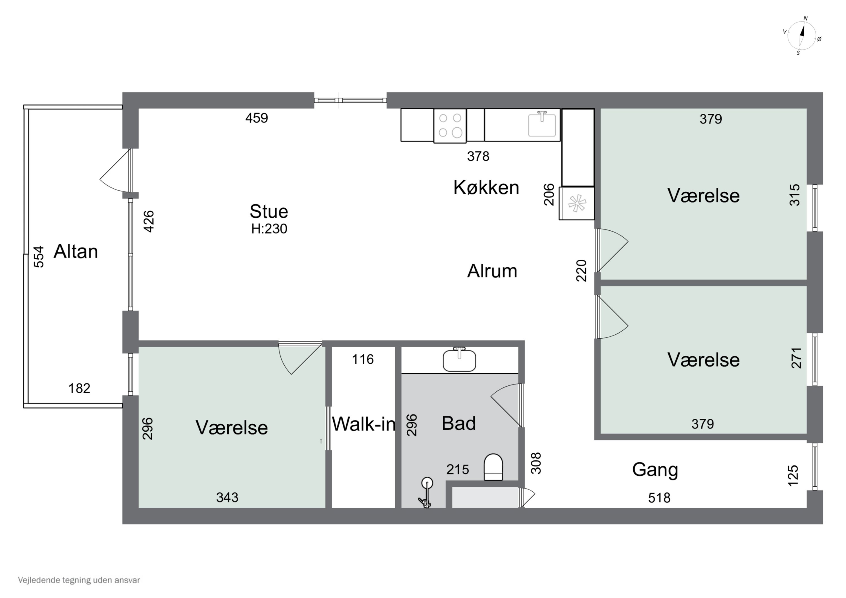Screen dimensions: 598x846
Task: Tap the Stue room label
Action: tap(269, 211)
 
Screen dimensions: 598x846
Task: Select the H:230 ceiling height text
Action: tap(269, 229)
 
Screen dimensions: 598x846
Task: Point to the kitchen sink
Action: tap(542, 125)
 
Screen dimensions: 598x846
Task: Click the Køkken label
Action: tap(486, 187)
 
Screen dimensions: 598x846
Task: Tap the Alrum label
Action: tap(492, 271)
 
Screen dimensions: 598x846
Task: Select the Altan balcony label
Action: tap(76, 252)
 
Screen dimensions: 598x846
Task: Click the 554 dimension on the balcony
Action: tap(39, 257)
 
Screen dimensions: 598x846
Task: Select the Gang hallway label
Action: tap(655, 469)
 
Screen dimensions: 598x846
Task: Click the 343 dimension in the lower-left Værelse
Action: tap(227, 497)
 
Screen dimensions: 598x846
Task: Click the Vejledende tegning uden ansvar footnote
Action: tap(79, 580)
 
